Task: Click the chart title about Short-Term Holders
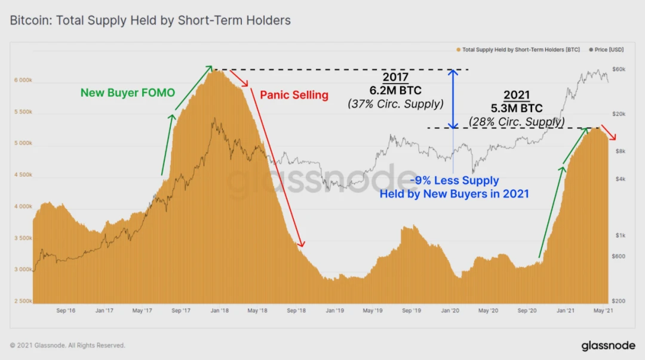[150, 20]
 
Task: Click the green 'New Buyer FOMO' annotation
[128, 93]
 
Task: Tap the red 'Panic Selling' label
[294, 95]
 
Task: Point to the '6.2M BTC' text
[395, 91]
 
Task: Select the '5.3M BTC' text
[517, 109]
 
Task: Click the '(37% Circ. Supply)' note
[395, 104]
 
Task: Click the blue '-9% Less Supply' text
[454, 181]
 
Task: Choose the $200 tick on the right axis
[618, 301]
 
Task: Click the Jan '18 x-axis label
[220, 311]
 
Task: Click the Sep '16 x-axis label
[66, 311]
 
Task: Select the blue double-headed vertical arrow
[453, 99]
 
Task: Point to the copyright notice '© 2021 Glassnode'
[67, 345]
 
